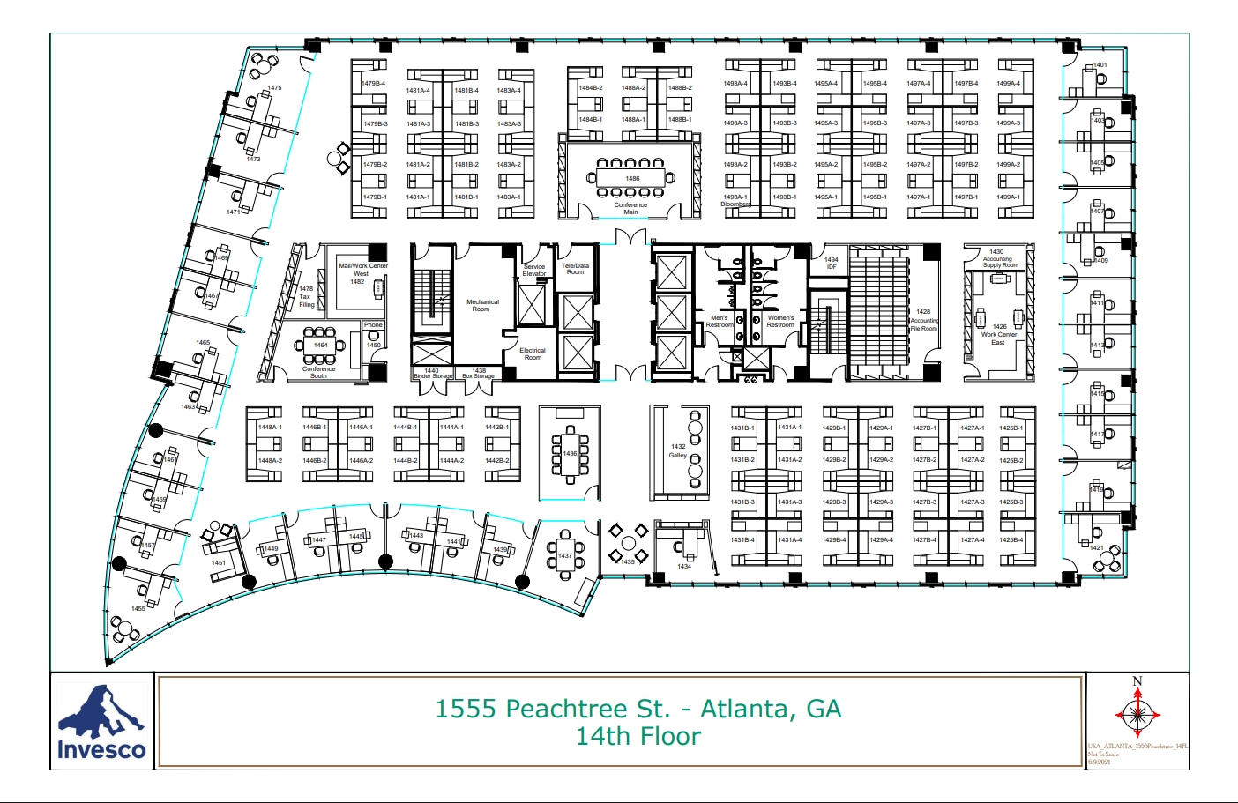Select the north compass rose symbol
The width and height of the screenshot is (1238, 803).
click(x=1137, y=712)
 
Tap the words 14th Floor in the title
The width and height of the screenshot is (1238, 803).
click(x=638, y=737)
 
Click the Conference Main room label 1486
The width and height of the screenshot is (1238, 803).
click(x=632, y=178)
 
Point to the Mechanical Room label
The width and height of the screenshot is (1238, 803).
click(x=482, y=305)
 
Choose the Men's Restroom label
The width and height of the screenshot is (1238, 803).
click(x=720, y=322)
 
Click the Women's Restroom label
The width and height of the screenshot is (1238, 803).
click(x=780, y=322)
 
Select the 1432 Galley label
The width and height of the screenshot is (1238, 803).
click(x=677, y=450)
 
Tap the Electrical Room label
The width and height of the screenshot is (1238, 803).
click(x=533, y=353)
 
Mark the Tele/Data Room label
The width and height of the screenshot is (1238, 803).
click(x=575, y=269)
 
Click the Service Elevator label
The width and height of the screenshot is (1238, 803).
click(x=534, y=270)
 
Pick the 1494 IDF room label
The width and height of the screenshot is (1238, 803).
click(x=831, y=263)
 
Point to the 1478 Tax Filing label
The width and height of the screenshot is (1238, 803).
click(x=306, y=296)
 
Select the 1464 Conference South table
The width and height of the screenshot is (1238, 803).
click(x=319, y=346)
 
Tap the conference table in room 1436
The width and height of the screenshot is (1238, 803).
click(x=570, y=453)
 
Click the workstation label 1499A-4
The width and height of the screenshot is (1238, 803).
click(x=1008, y=84)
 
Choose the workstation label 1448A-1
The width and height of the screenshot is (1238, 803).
click(x=270, y=428)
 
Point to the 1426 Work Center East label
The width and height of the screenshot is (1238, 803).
click(x=999, y=334)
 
